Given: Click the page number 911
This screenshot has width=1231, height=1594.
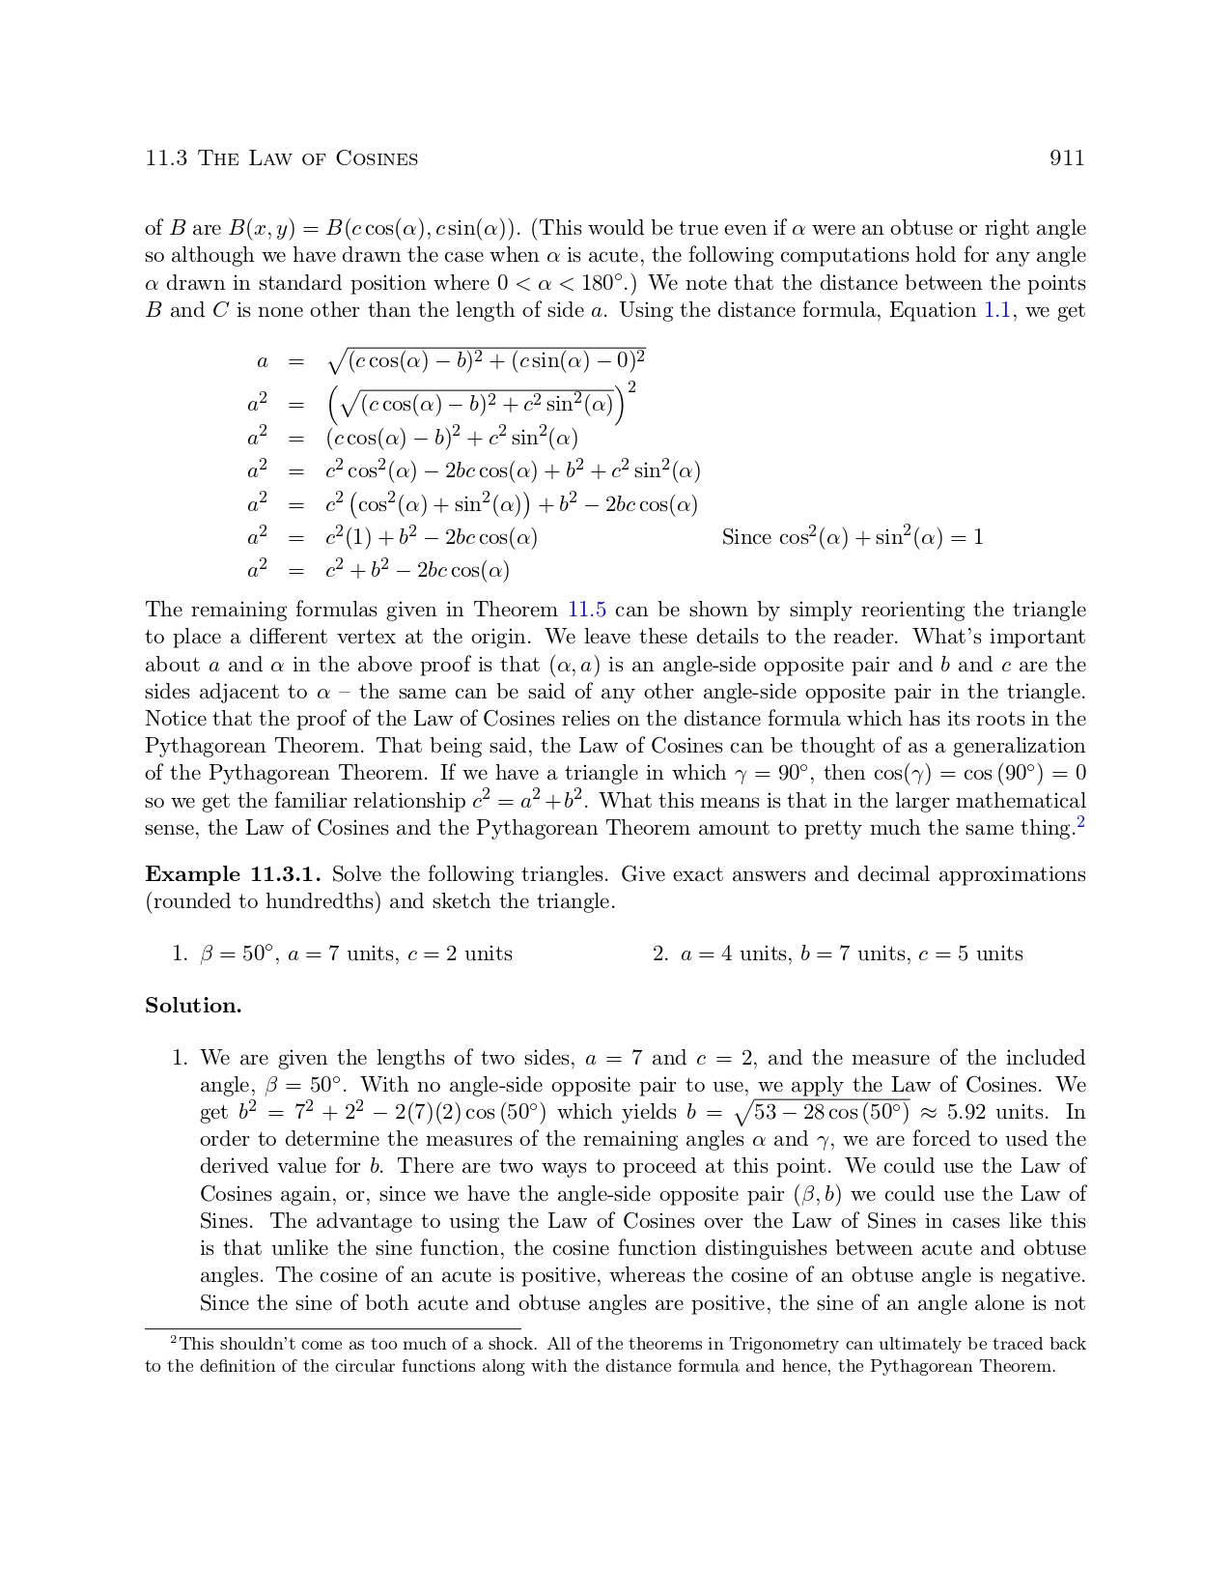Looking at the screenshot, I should click(1067, 158).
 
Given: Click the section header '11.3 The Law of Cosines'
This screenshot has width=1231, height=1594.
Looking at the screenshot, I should click(281, 158).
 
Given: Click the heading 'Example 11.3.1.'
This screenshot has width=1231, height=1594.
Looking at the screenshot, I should click(233, 874).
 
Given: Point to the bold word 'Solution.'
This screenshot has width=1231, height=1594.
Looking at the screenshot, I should click(193, 1006).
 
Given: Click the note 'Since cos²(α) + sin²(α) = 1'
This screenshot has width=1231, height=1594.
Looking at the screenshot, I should click(853, 537).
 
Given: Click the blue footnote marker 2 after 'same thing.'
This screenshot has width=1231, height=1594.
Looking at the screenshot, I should click(1081, 823).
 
